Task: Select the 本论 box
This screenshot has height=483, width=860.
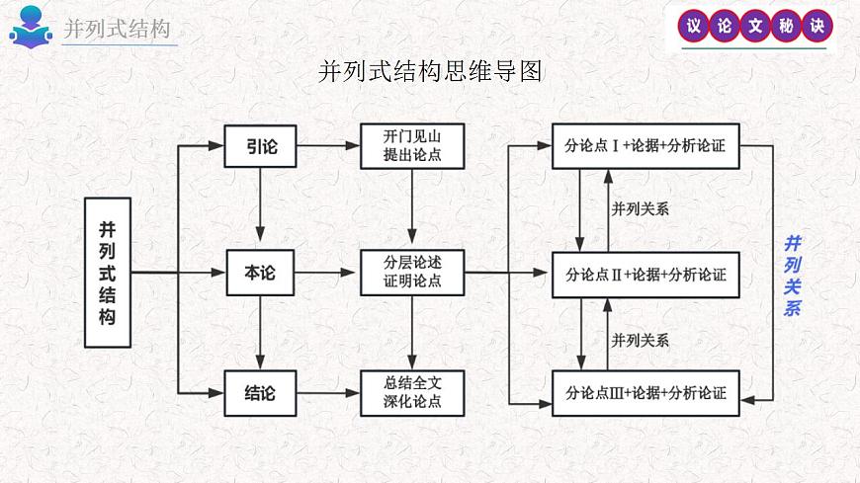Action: point(261,273)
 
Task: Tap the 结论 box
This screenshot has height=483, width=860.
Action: point(261,393)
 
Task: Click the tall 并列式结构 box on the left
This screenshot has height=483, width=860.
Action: point(107,273)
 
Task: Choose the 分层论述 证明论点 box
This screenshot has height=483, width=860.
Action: point(412,273)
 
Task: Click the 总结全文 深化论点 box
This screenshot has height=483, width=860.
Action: point(412,393)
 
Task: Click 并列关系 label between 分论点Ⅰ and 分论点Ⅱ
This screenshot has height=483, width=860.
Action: point(641,208)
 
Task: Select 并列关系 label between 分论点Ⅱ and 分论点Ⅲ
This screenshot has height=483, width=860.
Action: point(641,340)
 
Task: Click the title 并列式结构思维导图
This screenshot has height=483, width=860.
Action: point(430,72)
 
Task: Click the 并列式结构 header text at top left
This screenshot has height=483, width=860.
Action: point(117,29)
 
